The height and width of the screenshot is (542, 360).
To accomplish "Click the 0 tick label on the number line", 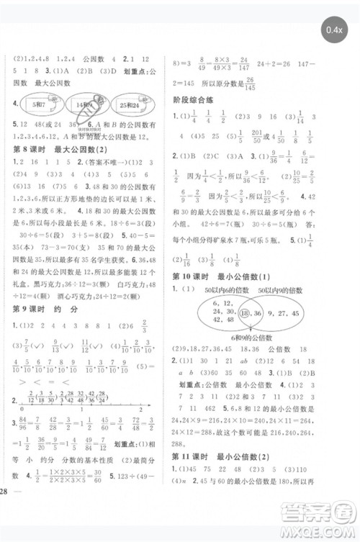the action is [14, 407].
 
